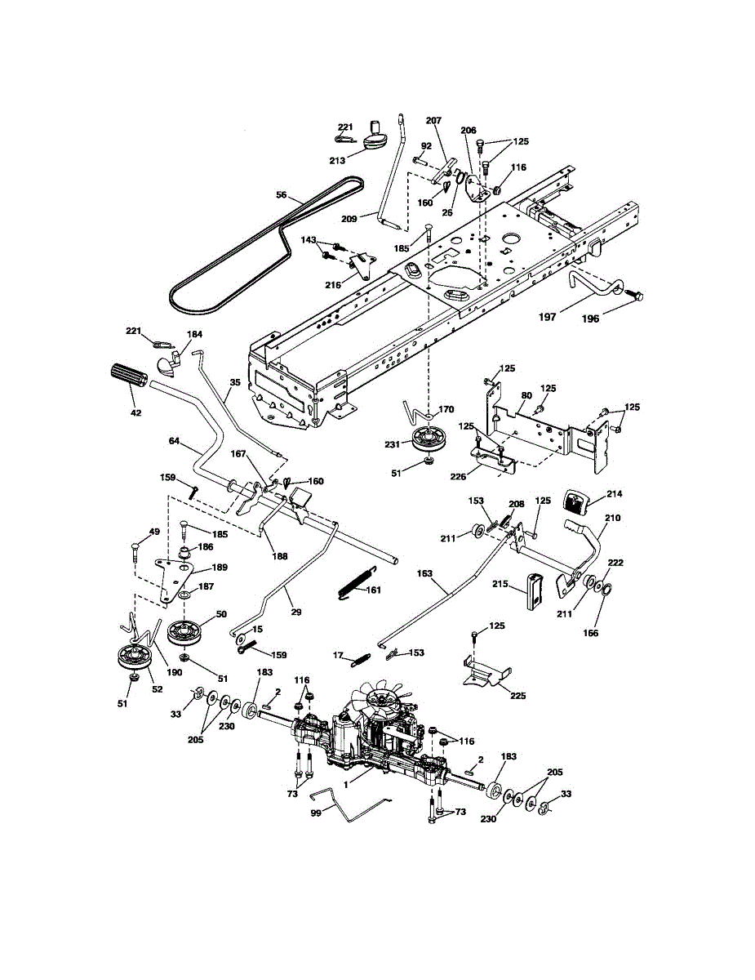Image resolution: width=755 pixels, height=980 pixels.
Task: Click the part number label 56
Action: click(282, 194)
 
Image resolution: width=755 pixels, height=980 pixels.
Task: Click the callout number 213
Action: click(337, 160)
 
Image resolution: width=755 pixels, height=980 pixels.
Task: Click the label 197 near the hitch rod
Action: click(547, 317)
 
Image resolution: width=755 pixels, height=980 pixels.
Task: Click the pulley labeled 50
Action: click(184, 633)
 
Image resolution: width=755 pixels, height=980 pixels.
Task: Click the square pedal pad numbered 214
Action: click(577, 502)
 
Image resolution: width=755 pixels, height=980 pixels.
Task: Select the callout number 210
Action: click(612, 518)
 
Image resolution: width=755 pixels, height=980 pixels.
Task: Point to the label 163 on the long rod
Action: click(424, 573)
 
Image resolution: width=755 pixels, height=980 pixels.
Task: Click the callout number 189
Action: click(219, 568)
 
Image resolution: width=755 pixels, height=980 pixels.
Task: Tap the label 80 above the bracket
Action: click(526, 395)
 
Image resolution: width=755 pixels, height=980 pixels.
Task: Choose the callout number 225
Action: click(518, 696)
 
